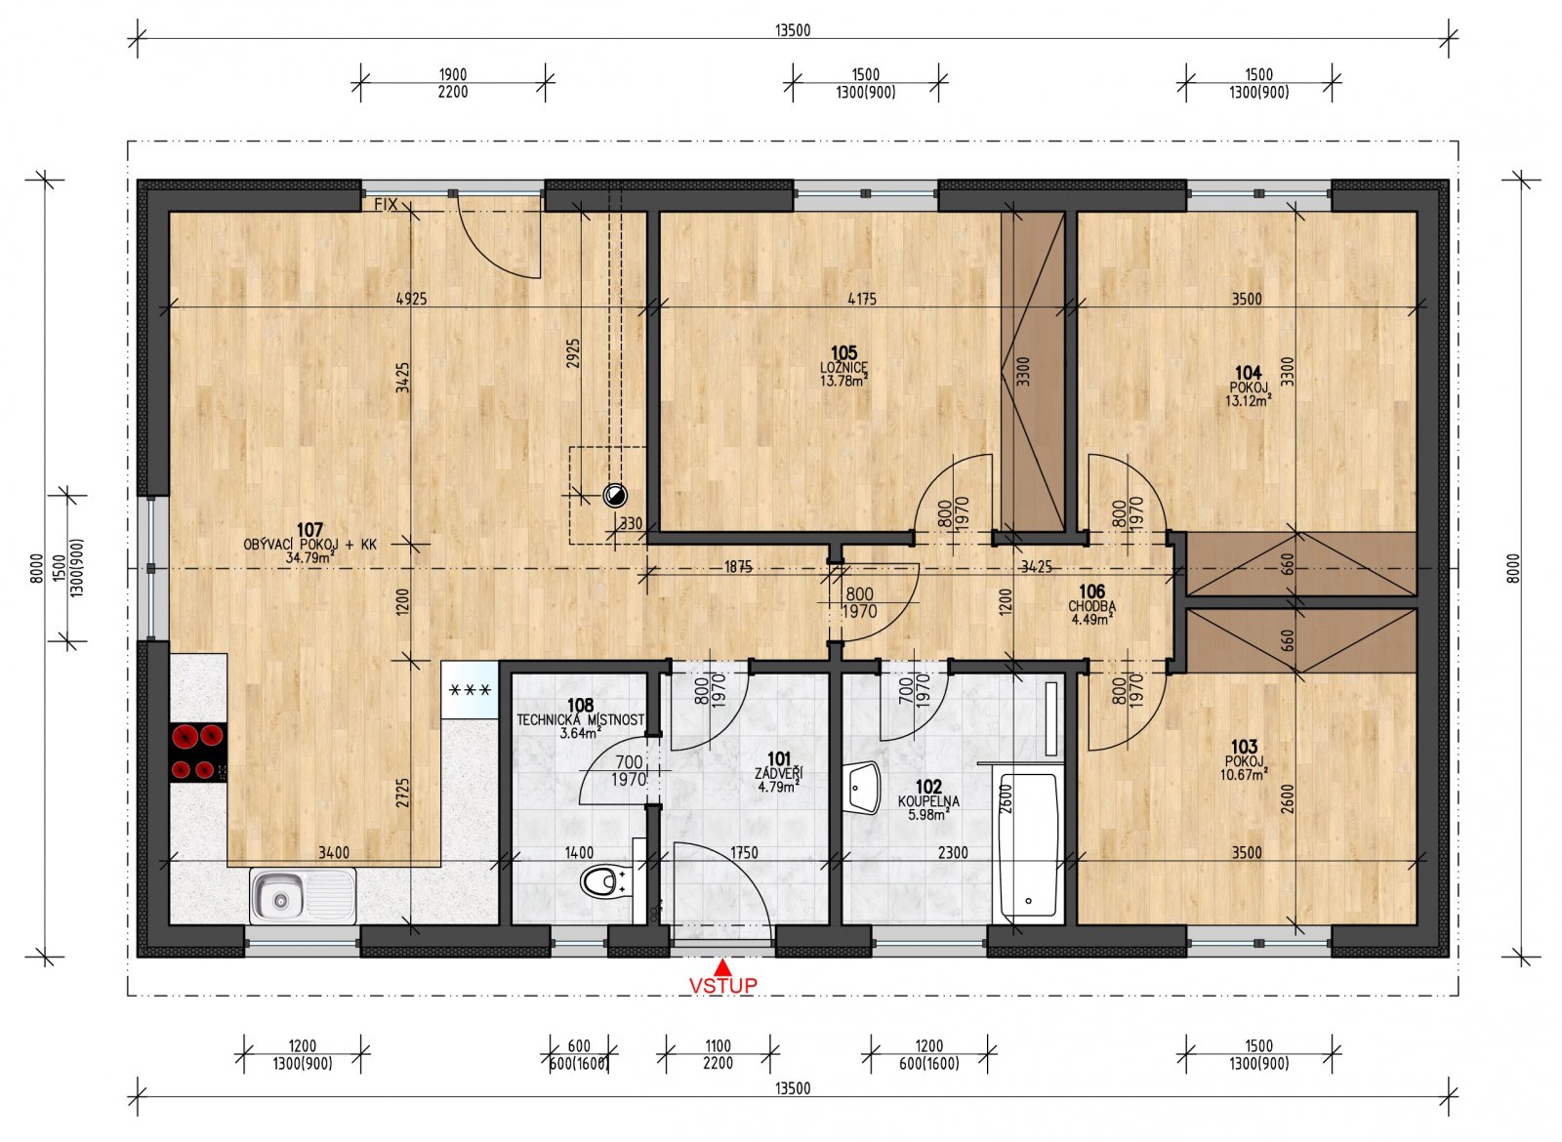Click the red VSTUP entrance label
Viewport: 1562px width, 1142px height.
(722, 986)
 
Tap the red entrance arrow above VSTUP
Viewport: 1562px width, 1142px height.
(723, 967)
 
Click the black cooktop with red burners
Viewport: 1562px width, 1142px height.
(197, 752)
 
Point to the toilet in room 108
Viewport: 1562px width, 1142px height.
(603, 883)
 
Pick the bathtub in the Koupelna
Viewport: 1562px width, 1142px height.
(1028, 844)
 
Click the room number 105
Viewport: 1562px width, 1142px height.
(843, 352)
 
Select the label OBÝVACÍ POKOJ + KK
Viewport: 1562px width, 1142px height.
(309, 545)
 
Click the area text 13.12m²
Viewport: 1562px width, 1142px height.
(1249, 400)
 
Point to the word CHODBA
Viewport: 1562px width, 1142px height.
(1092, 606)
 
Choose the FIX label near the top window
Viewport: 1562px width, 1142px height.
(386, 204)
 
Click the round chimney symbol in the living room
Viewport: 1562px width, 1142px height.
(614, 495)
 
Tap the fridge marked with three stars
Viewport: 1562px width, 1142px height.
(470, 690)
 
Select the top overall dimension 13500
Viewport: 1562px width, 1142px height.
(793, 30)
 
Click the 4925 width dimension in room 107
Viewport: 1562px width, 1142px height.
(411, 299)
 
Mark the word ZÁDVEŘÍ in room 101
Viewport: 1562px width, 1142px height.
(778, 773)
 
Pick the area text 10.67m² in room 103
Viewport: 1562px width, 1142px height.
(1244, 775)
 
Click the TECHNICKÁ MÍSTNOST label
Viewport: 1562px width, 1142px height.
(580, 720)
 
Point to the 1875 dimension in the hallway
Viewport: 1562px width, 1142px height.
(738, 567)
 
